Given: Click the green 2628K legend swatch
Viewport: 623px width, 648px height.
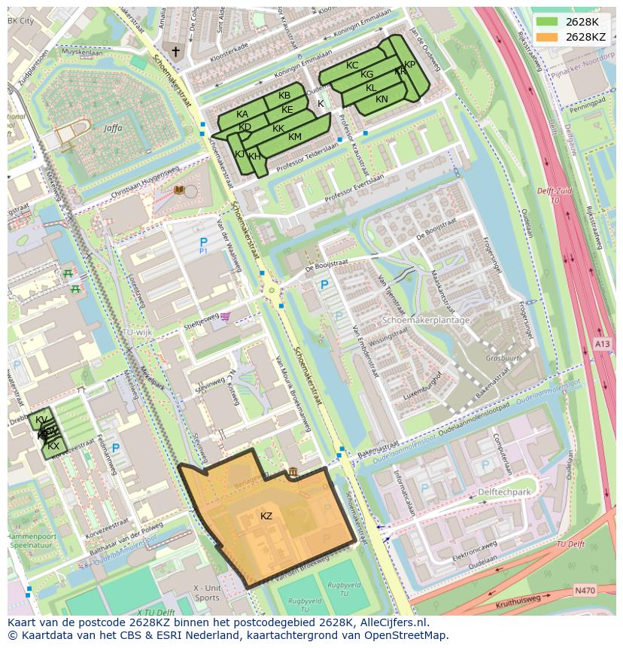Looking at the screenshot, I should (548, 22).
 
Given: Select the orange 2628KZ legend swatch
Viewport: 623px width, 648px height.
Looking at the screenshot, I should (548, 36).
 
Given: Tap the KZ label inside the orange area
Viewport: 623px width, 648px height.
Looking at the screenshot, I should (266, 516).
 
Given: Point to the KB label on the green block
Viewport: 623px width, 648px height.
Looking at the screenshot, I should (284, 96).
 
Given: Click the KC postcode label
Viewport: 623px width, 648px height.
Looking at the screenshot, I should (352, 65).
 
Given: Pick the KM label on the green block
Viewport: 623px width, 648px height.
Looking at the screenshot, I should (295, 137).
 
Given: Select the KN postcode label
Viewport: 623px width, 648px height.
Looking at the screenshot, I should (382, 99).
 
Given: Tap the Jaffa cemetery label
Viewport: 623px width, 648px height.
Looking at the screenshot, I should (113, 129).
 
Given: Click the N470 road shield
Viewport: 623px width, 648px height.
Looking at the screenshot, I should (584, 592).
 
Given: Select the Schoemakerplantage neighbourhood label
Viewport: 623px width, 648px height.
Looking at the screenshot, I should (426, 320).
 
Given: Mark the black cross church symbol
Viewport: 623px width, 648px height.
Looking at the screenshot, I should (176, 51).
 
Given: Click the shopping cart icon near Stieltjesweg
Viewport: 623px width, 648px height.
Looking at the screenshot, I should (225, 316).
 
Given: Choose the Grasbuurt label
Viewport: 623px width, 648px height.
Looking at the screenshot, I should (503, 359).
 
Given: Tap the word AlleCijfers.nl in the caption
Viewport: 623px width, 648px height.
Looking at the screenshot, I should (391, 622).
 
